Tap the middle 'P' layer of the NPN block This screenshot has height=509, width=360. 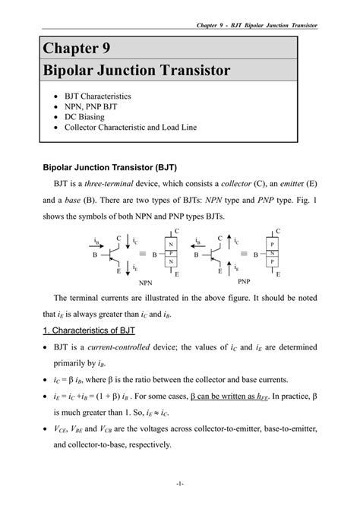coord(172,253)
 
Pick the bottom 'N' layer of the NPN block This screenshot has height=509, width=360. coord(172,261)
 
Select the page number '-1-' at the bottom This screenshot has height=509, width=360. coord(179,483)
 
